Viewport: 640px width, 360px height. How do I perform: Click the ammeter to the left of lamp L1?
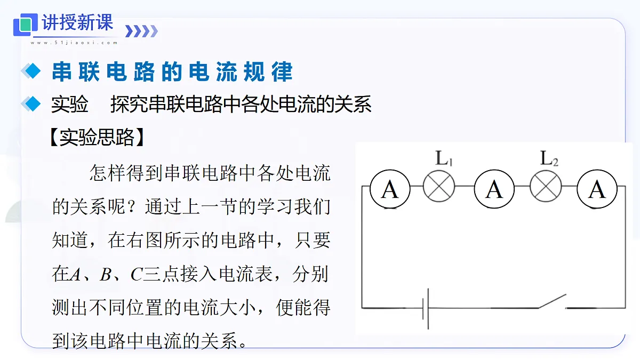390,189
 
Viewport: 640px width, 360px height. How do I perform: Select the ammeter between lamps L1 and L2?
494,189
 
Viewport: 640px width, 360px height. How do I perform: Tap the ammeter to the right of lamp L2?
597,189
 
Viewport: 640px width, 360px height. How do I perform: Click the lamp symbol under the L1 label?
439,186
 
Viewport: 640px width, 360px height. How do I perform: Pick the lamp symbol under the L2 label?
546,186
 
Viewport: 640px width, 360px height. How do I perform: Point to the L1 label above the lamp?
444,158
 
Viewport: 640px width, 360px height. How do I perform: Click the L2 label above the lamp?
549,158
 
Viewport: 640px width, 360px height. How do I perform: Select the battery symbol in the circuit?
426,309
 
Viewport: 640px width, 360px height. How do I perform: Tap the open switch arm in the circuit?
553,301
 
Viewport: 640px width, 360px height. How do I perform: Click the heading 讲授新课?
77,22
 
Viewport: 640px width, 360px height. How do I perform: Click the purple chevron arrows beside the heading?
141,31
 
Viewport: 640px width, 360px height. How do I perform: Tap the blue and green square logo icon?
26,25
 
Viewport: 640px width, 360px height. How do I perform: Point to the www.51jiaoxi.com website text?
74,43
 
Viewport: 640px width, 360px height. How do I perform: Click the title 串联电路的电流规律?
172,71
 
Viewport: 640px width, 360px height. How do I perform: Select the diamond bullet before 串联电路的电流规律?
31,70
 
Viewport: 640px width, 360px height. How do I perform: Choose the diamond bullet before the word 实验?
31,103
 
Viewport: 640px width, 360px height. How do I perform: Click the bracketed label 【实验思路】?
97,138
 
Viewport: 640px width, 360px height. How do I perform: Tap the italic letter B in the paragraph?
106,275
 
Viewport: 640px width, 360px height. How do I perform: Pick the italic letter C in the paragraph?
137,275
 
